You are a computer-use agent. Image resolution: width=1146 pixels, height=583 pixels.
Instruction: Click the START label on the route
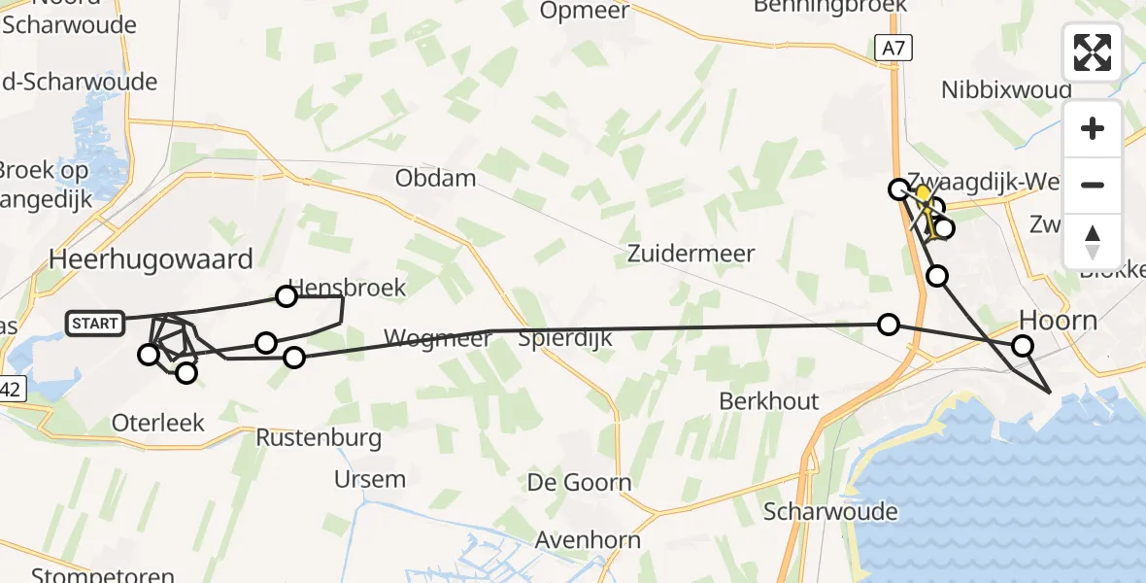[95, 324]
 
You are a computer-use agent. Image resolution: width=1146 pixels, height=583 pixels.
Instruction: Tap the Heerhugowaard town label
[151, 259]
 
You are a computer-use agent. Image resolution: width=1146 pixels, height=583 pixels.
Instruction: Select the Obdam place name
[436, 178]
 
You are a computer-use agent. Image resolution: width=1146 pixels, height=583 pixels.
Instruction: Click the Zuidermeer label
[691, 254]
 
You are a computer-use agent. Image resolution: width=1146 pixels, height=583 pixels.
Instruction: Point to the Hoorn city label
[1058, 320]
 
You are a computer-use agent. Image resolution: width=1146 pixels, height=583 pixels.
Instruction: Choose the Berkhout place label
[769, 401]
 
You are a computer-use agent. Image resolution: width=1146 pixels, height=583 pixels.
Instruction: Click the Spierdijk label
[564, 339]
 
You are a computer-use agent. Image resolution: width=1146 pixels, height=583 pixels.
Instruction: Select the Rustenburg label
[319, 438]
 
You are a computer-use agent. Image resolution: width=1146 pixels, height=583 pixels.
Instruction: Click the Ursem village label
[369, 479]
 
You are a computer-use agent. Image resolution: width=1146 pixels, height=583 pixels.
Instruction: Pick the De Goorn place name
[579, 483]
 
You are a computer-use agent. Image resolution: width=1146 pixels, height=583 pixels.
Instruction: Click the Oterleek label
[157, 423]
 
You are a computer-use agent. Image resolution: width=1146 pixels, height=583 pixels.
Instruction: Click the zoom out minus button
[1093, 185]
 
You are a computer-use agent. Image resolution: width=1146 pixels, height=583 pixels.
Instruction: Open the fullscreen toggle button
[1093, 52]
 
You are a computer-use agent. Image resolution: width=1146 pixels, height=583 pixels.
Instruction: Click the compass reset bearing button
[1093, 242]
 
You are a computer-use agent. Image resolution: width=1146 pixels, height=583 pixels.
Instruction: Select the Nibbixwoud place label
[1006, 89]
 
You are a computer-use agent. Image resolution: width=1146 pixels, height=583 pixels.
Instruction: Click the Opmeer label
[585, 12]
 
